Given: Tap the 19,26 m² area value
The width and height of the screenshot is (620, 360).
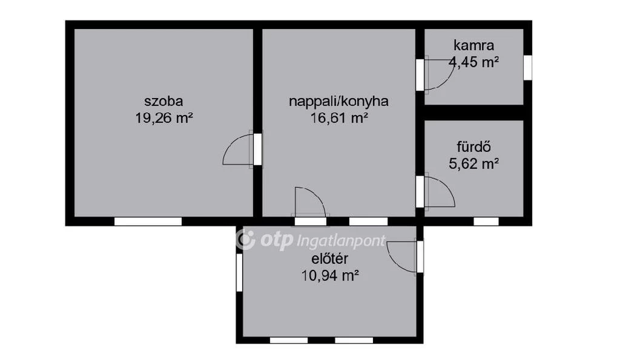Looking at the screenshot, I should click(x=163, y=117).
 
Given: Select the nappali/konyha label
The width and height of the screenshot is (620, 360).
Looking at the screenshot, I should click(x=338, y=102).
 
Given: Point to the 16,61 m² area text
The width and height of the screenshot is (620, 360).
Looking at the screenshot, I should click(x=338, y=117).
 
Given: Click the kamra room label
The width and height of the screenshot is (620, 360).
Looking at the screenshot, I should click(x=473, y=45).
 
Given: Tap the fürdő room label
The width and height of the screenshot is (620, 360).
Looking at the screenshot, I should click(x=473, y=146).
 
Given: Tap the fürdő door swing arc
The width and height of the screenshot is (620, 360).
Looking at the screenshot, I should click(x=438, y=191).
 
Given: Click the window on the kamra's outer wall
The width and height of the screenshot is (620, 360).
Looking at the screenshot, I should click(x=527, y=67).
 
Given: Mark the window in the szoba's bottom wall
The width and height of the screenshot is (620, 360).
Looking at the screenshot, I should click(x=148, y=221).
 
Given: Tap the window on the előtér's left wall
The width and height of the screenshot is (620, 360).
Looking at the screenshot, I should click(x=240, y=272).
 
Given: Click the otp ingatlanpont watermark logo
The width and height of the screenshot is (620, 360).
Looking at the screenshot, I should click(x=311, y=240).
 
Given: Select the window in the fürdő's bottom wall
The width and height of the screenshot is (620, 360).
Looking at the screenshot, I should click(x=486, y=221).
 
